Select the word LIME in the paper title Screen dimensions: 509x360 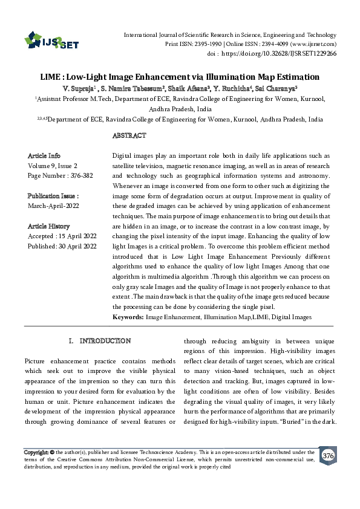50,77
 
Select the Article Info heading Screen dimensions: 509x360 44,155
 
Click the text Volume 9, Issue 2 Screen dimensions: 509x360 53,165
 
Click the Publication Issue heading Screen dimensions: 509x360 53,196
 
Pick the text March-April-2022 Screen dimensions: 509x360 54,206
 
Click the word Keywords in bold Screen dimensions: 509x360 128,317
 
